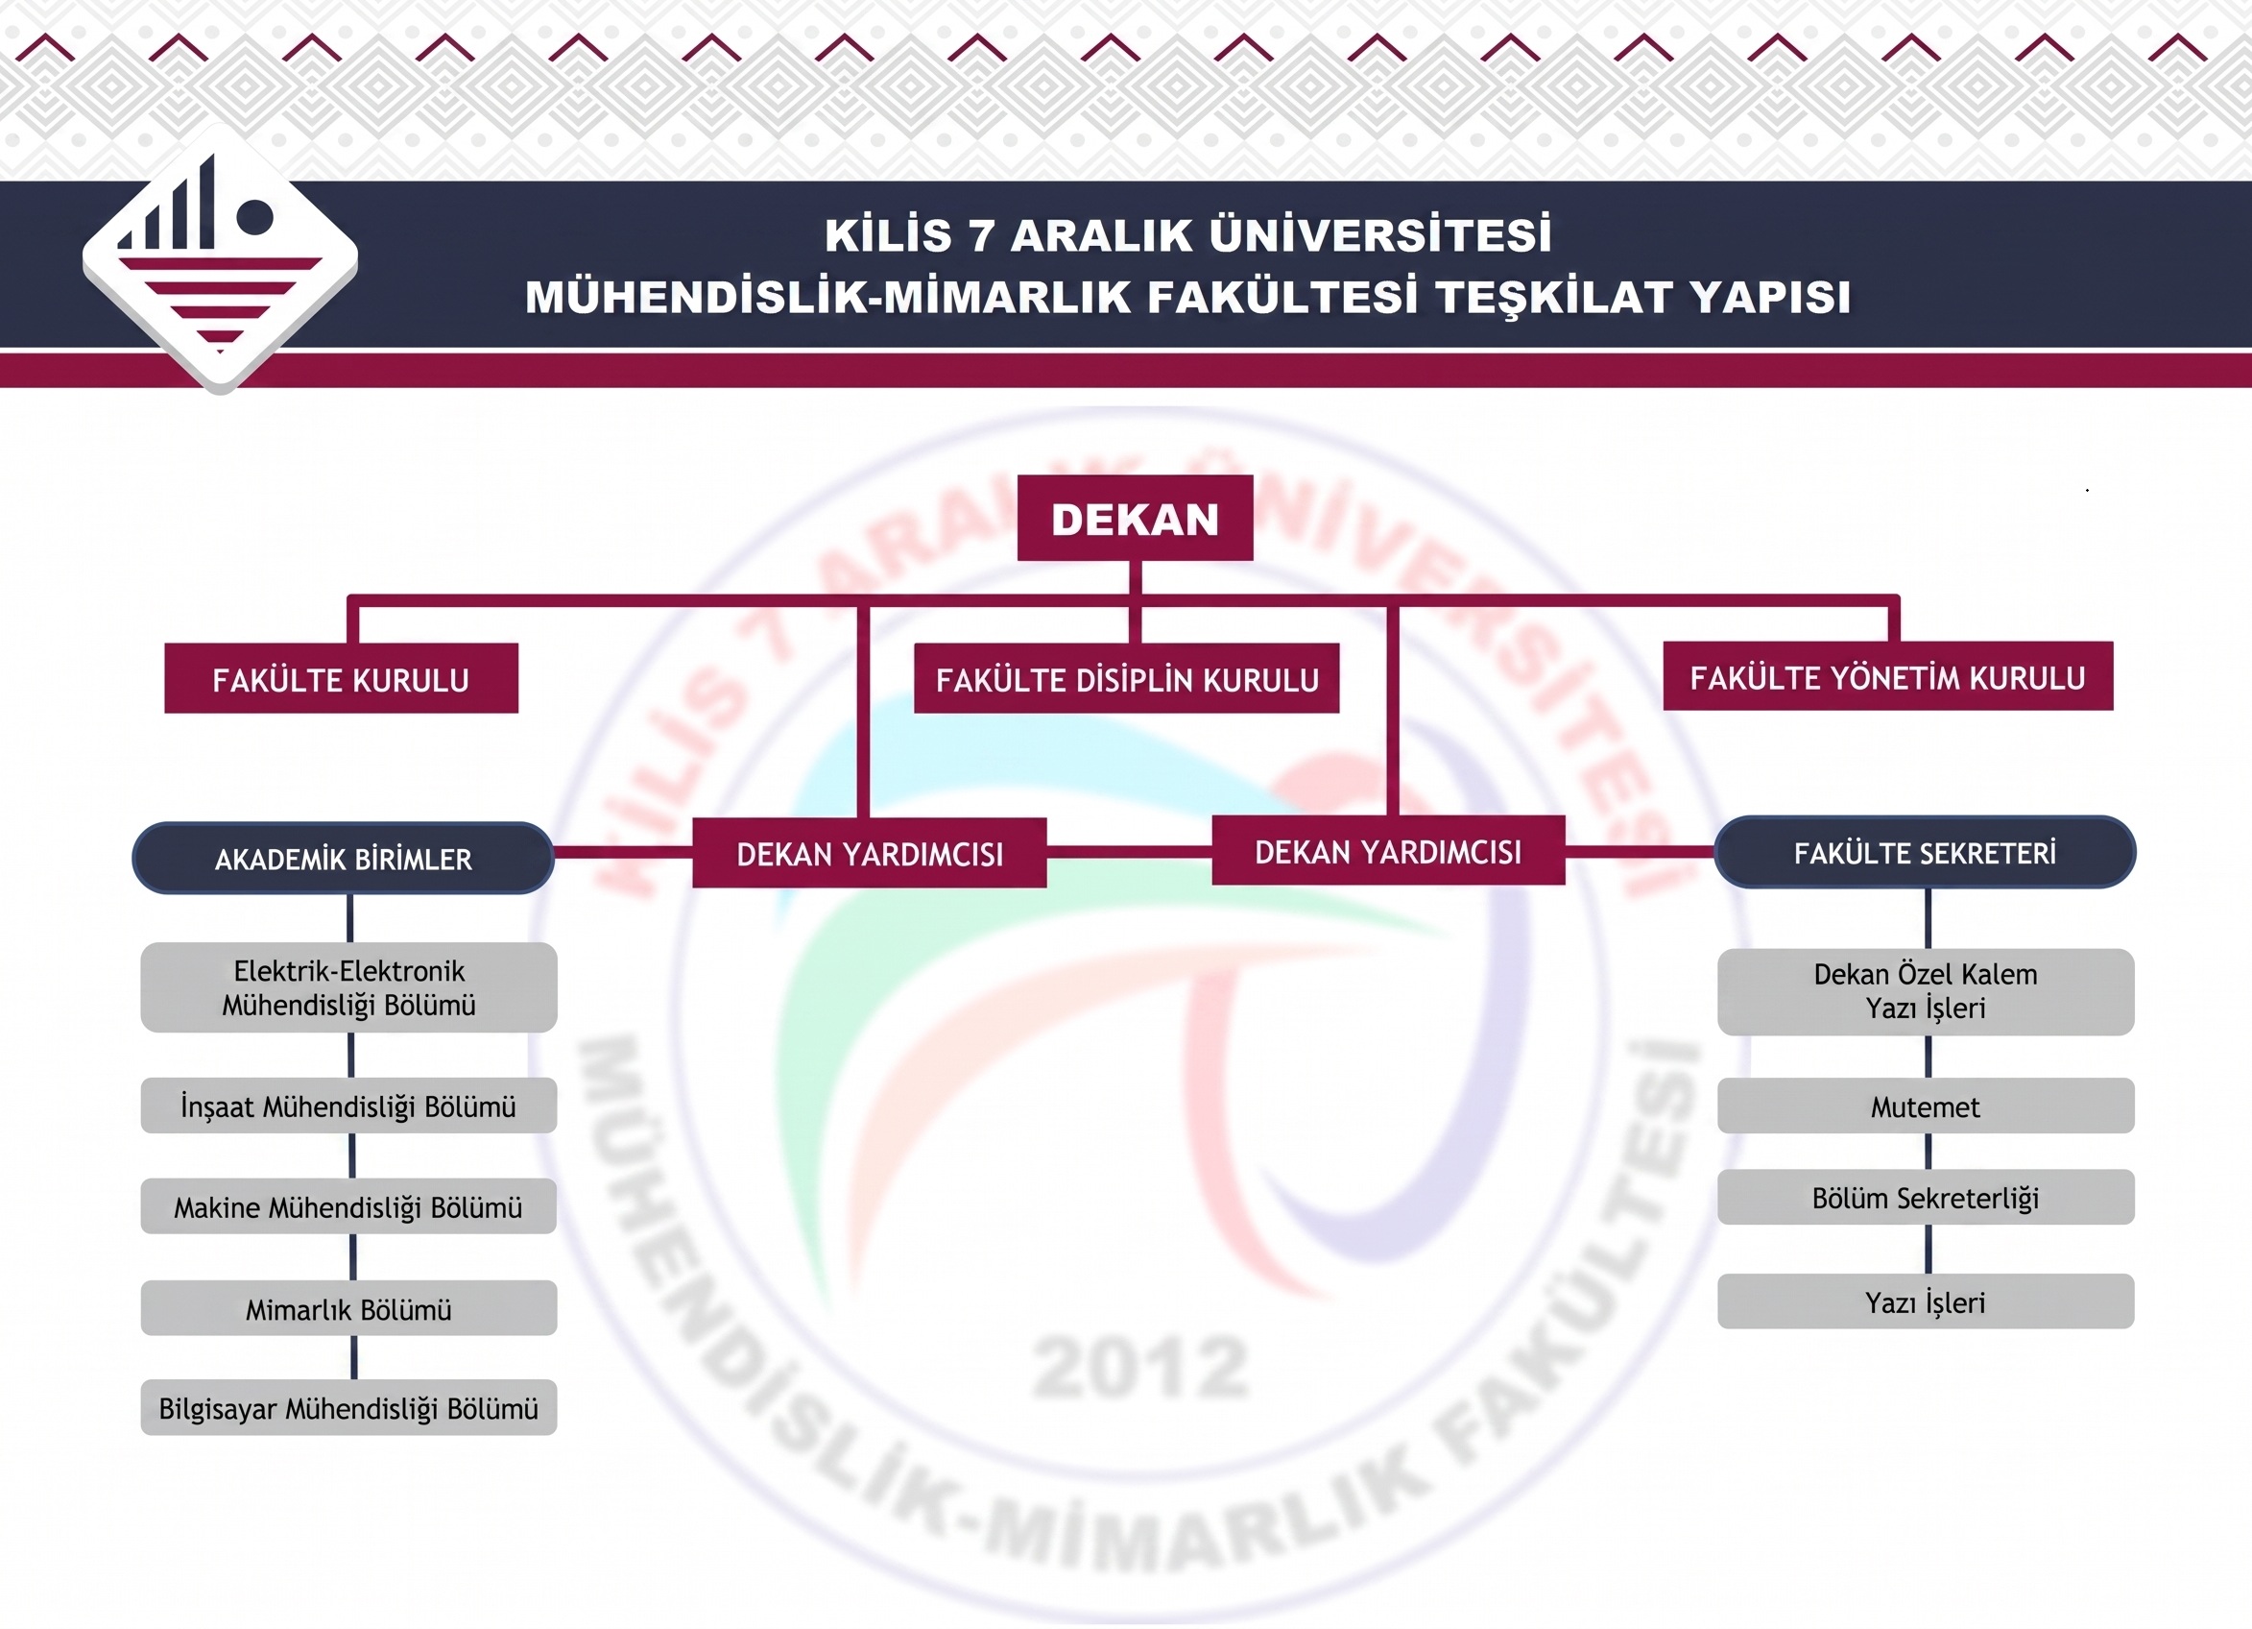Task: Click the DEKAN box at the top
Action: click(x=1135, y=518)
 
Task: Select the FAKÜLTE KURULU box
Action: click(x=342, y=678)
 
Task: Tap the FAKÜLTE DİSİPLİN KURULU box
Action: click(x=1127, y=678)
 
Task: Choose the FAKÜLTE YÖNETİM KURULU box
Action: click(x=1887, y=676)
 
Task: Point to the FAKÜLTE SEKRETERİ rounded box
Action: click(x=1925, y=852)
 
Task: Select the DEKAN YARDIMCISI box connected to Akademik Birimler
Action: click(x=870, y=853)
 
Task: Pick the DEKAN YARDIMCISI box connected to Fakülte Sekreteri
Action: click(x=1388, y=851)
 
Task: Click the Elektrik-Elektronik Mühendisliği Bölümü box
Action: click(x=348, y=987)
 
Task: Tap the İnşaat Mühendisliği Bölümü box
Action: click(x=348, y=1106)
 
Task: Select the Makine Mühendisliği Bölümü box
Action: click(x=348, y=1206)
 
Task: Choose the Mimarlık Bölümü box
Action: click(x=348, y=1308)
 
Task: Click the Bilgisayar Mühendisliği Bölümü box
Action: click(x=348, y=1407)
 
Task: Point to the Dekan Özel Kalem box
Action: click(x=1926, y=992)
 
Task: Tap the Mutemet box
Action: click(x=1926, y=1106)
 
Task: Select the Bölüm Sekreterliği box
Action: click(x=1926, y=1197)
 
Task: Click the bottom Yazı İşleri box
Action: click(x=1926, y=1301)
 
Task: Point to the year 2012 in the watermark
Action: click(x=1141, y=1368)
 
